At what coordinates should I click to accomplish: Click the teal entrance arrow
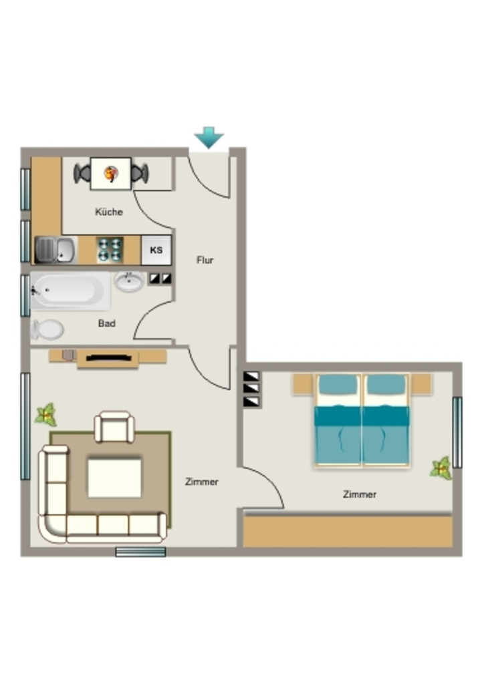coord(209,138)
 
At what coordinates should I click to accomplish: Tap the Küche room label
coord(109,212)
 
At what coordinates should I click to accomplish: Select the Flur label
coord(205,260)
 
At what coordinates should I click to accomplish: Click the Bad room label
coord(106,323)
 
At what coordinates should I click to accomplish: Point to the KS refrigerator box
coord(156,250)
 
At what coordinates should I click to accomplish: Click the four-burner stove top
coord(110,250)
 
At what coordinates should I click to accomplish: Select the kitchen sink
coord(55,250)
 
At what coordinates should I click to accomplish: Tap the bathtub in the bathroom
coord(70,291)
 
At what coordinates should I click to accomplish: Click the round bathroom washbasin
coord(129,281)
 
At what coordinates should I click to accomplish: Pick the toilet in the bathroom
coord(47,329)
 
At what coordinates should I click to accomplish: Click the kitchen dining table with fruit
coord(111,174)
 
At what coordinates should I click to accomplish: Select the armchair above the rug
coord(115,427)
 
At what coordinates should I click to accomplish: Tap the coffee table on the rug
coord(115,478)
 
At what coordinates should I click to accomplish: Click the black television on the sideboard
coord(109,358)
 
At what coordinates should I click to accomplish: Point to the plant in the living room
coord(46,415)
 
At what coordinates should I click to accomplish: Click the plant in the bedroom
coord(441,468)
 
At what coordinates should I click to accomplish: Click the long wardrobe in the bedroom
coord(348,531)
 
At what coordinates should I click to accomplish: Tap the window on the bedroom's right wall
coord(457,432)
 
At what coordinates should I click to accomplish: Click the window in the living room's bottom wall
coord(140,552)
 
